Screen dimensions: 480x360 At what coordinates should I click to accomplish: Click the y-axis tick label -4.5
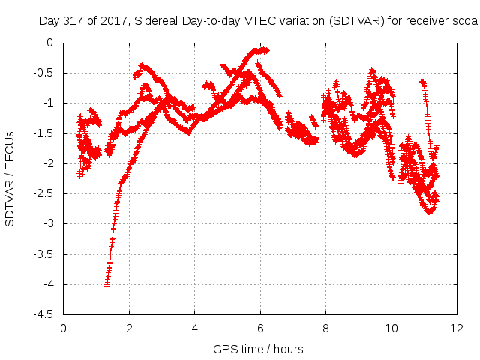coord(43,314)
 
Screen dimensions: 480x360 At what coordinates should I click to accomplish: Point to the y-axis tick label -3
coord(48,223)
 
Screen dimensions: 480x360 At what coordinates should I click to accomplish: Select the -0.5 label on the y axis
coord(43,73)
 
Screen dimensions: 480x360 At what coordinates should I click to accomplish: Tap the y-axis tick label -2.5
coord(43,193)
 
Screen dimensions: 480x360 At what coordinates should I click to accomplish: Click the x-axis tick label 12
coord(457,328)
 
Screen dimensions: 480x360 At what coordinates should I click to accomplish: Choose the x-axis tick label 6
coord(260,328)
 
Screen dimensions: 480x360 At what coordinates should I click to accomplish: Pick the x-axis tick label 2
coord(129,328)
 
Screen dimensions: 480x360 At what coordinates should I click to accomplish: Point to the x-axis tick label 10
coord(391,328)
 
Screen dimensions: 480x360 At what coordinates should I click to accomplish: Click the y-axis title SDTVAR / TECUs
coord(10,179)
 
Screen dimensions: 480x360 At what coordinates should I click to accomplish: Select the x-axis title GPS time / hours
coord(258,349)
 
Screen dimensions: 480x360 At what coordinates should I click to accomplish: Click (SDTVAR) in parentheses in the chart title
coord(357,21)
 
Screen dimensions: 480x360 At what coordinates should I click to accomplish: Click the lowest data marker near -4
coord(106,285)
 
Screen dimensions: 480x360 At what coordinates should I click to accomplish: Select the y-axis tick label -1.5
coord(43,133)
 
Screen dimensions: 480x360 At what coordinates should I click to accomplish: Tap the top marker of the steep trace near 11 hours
coord(421,82)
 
